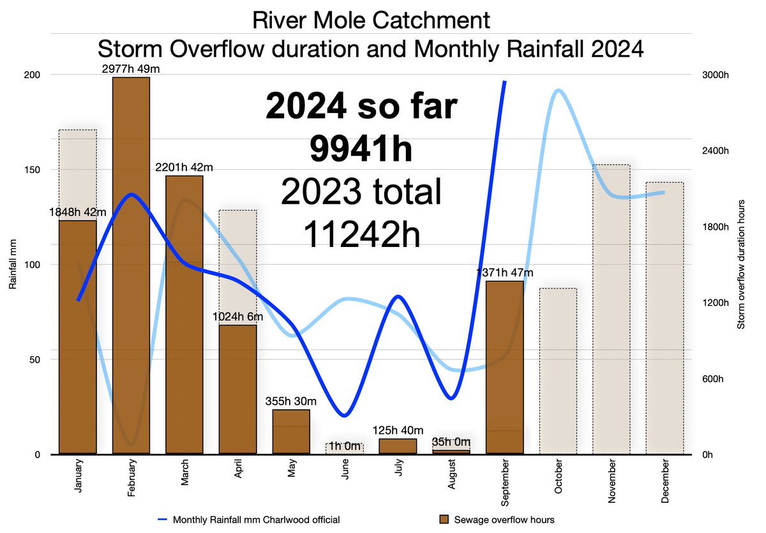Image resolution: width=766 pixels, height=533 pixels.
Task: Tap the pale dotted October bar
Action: pos(558,370)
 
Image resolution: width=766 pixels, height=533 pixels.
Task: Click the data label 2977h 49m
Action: pos(131,69)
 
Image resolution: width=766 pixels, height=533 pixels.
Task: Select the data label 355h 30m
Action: pos(291,402)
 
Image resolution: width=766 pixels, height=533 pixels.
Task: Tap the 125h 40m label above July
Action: pos(398,431)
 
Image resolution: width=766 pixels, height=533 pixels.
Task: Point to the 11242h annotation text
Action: pos(361,234)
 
